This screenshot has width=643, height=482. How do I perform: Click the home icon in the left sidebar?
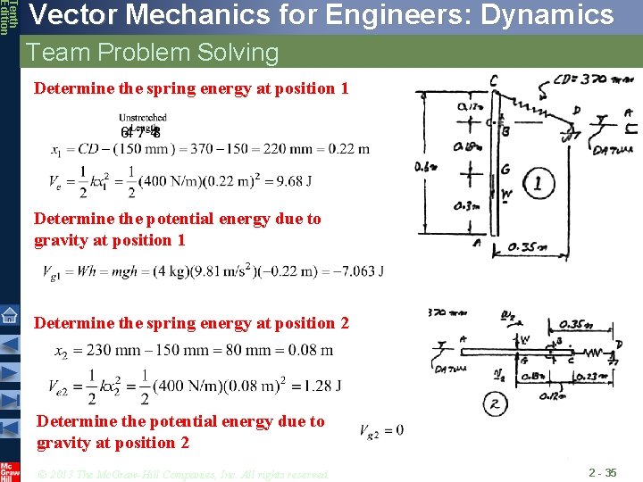pyautogui.click(x=10, y=314)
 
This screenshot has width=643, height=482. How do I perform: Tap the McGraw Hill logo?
pyautogui.click(x=10, y=470)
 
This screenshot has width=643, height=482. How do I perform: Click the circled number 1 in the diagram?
pyautogui.click(x=538, y=186)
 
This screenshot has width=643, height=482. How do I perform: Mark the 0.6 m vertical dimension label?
pyautogui.click(x=427, y=167)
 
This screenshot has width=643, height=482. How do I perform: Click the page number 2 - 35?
pyautogui.click(x=602, y=472)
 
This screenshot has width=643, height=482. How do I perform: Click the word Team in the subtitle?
pyautogui.click(x=59, y=53)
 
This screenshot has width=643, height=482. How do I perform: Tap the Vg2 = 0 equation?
pyautogui.click(x=380, y=431)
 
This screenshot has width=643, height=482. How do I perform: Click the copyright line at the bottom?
pyautogui.click(x=182, y=473)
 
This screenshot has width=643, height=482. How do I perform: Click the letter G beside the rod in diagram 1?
pyautogui.click(x=505, y=170)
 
